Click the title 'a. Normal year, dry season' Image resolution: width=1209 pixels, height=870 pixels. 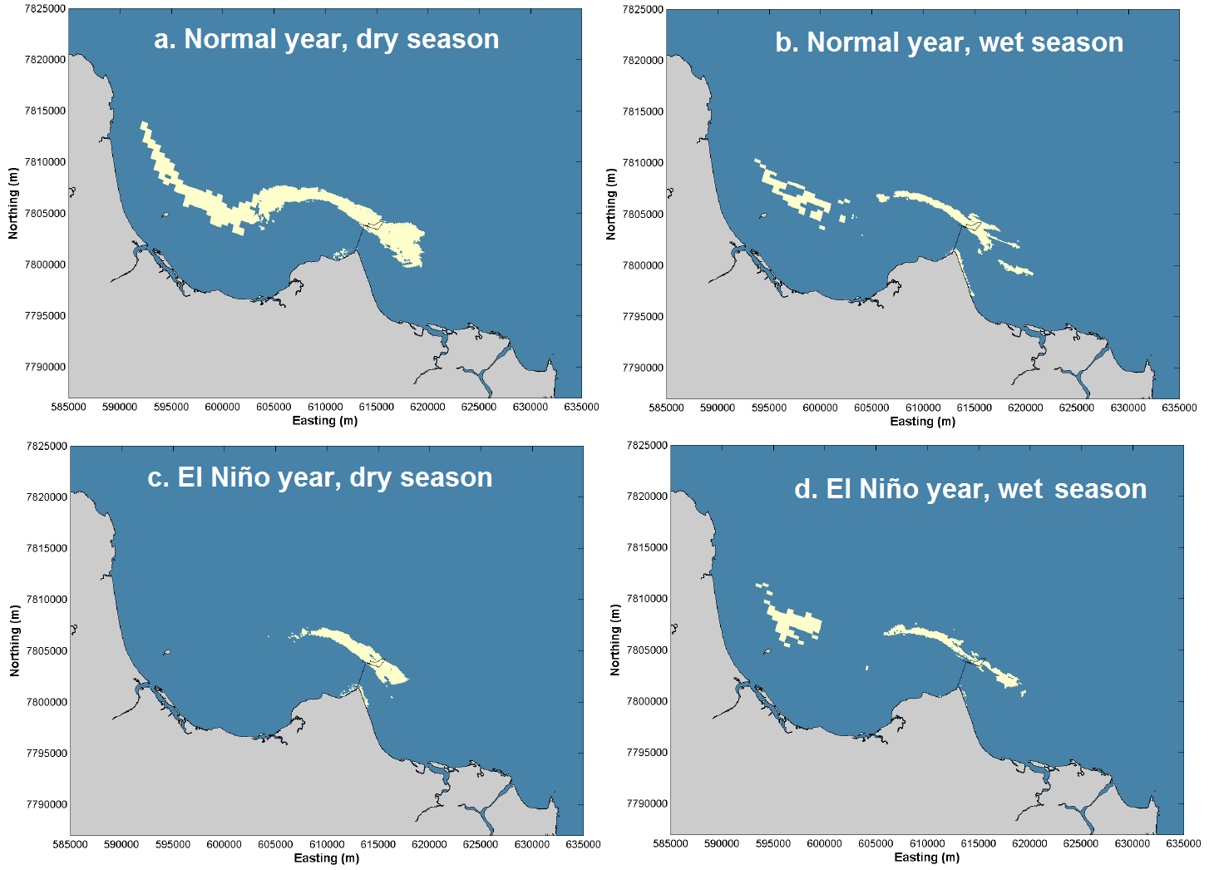326,39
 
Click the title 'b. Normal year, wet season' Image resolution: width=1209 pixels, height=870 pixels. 949,42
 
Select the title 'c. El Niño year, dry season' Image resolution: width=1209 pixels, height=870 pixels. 319,477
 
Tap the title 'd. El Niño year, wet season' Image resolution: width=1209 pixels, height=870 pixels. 970,489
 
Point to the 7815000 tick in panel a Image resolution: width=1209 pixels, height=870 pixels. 46,111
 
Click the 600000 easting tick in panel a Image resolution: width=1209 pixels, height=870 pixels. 222,407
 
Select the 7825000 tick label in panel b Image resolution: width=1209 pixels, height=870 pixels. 643,9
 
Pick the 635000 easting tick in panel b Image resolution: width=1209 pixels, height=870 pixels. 1179,408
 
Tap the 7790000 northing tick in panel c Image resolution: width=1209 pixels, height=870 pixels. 47,804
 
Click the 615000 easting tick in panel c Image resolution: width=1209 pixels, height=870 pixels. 378,844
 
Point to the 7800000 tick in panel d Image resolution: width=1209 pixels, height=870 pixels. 647,701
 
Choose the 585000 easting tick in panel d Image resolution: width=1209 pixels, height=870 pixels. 670,843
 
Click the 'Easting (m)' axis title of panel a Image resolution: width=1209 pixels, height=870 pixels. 324,421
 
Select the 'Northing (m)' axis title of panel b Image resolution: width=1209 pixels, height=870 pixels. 611,205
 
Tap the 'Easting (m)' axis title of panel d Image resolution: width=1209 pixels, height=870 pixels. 926,858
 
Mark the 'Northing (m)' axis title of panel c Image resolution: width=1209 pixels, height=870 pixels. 14,640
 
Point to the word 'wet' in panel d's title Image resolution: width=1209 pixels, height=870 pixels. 1020,489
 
